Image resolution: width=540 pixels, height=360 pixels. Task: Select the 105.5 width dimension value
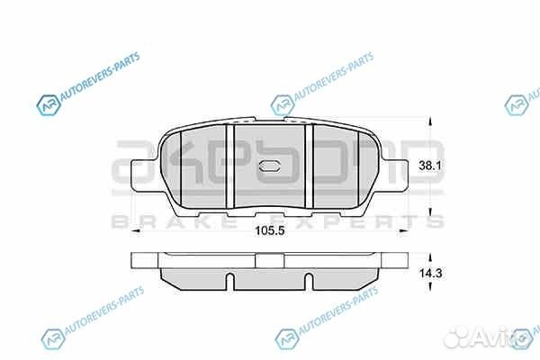click(265, 229)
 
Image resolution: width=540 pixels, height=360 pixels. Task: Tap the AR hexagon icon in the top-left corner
click(47, 107)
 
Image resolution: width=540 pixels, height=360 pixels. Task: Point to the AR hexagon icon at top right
click(516, 105)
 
